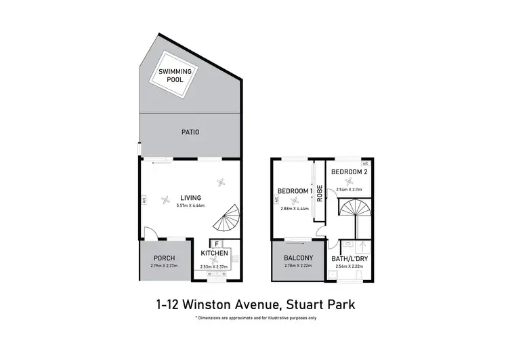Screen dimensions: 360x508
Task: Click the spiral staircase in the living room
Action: [227, 220]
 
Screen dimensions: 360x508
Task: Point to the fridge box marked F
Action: [216, 244]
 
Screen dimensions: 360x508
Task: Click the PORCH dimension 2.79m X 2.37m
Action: [163, 265]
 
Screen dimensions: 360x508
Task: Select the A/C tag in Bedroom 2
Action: [366, 163]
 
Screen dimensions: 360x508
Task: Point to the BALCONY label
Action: [299, 258]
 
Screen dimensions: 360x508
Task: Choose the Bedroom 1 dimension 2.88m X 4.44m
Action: [295, 209]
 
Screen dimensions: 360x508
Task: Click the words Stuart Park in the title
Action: [318, 305]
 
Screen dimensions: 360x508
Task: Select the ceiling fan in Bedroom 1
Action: [293, 200]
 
